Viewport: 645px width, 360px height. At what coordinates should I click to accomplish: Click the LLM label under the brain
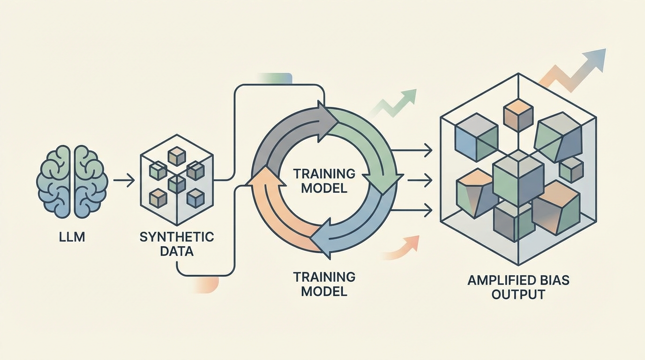[73, 237]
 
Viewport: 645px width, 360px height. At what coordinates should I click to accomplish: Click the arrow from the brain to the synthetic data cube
[124, 180]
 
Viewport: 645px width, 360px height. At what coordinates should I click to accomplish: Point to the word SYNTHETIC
[176, 237]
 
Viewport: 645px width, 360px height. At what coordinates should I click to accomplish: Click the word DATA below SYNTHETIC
[176, 251]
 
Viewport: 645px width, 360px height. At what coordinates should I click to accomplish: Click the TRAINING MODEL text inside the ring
[324, 181]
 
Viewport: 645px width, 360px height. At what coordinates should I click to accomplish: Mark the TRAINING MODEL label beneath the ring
[324, 284]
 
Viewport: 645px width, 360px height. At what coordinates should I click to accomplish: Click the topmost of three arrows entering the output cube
[411, 150]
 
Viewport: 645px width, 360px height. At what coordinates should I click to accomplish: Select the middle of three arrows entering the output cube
[411, 179]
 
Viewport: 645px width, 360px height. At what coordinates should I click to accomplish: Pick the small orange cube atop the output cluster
[518, 113]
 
